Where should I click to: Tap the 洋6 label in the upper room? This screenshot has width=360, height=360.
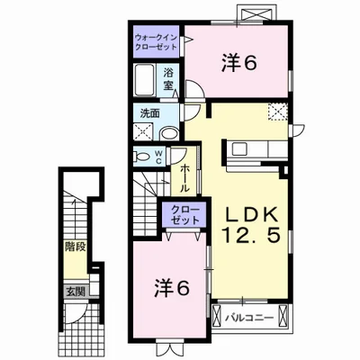[x=239, y=63]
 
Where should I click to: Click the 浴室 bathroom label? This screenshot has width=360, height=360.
[x=169, y=78]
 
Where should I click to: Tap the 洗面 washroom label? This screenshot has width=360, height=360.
[x=148, y=113]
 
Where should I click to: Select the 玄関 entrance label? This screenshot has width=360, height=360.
[x=74, y=292]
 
